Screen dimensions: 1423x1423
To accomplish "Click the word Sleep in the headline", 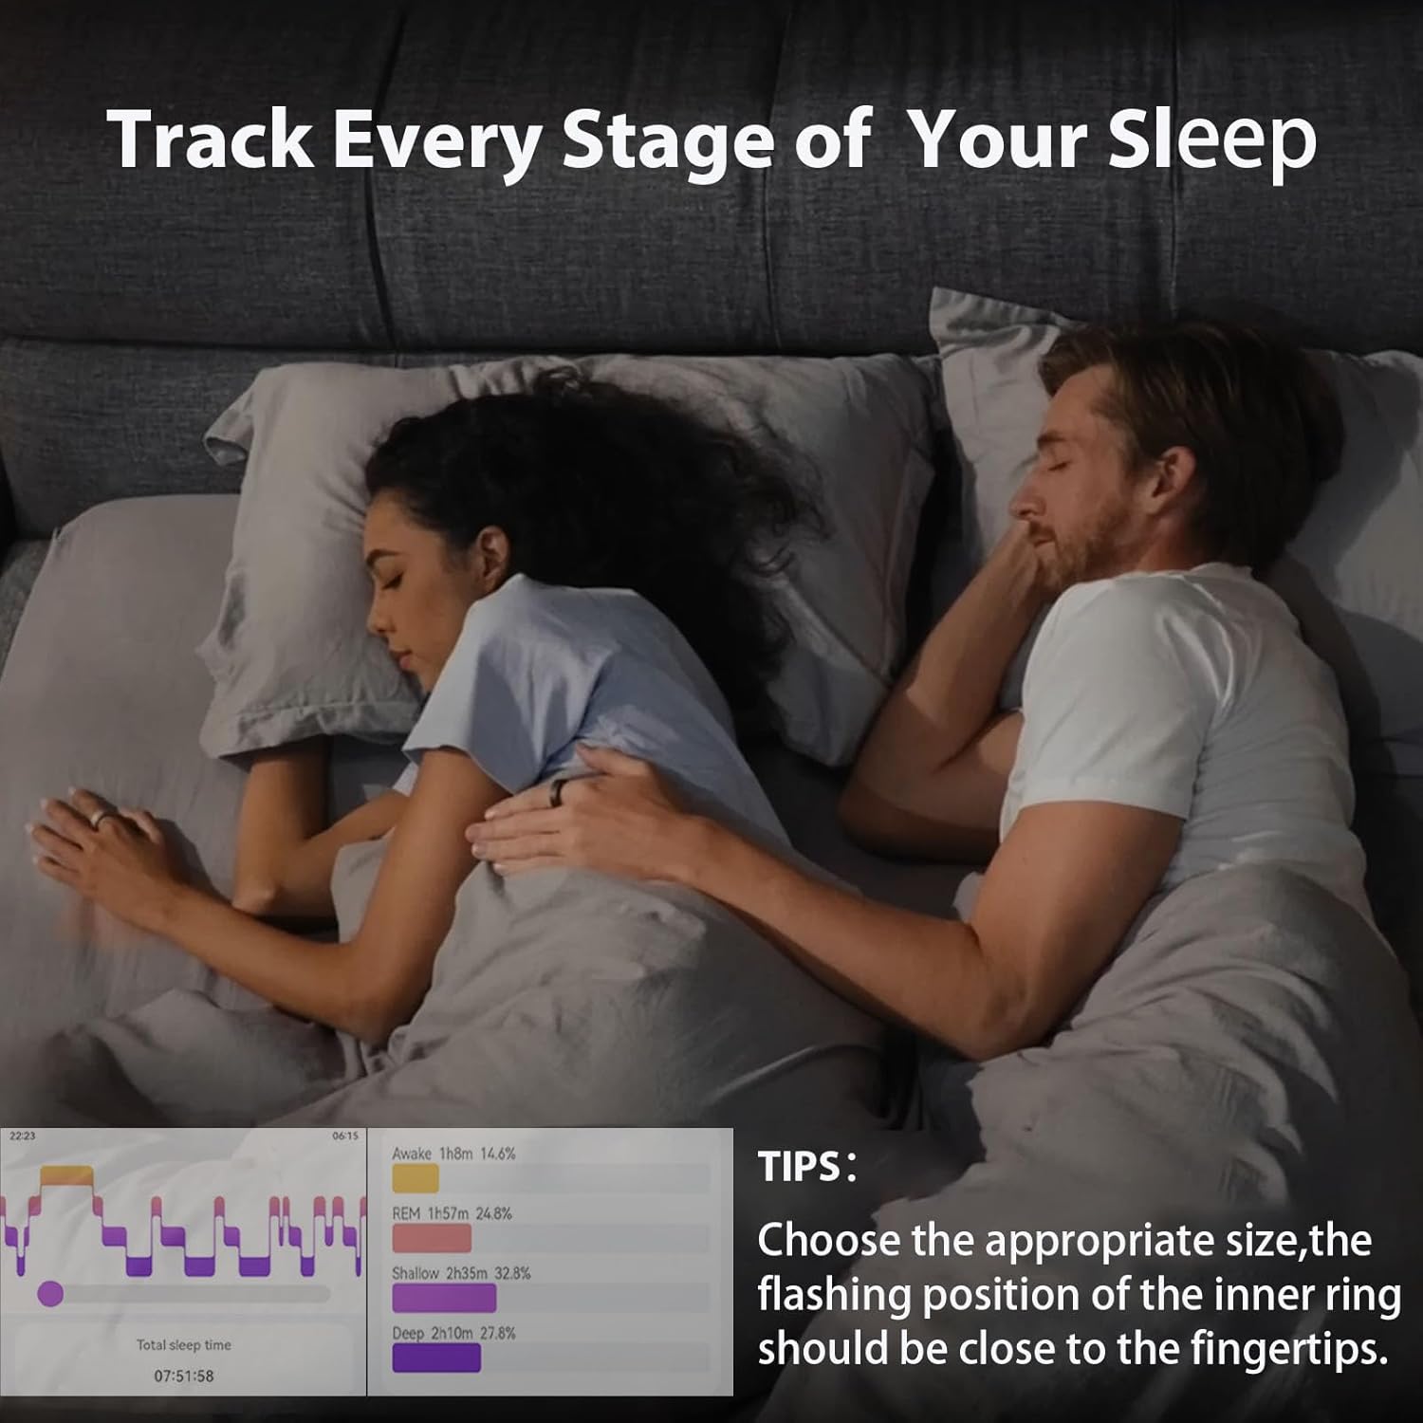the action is coord(1212,140).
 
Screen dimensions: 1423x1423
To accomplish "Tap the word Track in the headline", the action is coord(210,139).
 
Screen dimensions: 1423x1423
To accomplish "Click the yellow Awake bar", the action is coord(416,1178).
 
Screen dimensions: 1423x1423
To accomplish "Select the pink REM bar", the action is coord(432,1238).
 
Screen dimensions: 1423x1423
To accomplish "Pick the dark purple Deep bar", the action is coord(436,1358).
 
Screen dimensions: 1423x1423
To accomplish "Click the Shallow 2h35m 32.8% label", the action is coord(461,1273).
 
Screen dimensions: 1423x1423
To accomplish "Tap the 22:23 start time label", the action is coord(22,1137).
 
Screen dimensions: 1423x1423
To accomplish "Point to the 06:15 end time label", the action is coord(345,1137).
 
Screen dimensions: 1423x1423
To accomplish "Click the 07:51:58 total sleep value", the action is coord(183,1376).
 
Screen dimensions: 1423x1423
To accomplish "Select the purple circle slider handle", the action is coord(50,1293).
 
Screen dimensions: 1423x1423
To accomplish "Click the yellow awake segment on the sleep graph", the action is coord(66,1176).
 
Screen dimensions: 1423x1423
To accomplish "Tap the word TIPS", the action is coord(799,1167).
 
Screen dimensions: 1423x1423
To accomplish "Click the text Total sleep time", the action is coord(183,1345).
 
